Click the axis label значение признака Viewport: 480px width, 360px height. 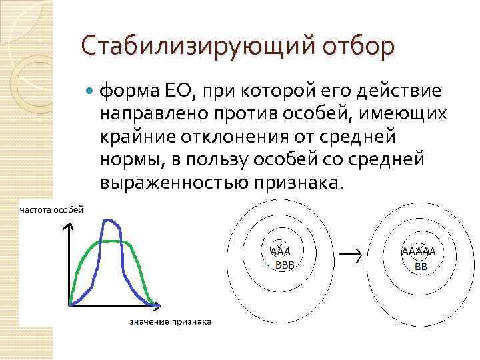click(170, 322)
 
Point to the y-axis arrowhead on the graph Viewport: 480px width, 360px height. click(68, 227)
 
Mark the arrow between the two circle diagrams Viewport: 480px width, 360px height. click(351, 254)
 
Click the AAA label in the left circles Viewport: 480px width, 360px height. click(281, 252)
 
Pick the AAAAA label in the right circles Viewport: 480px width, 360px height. click(419, 253)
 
